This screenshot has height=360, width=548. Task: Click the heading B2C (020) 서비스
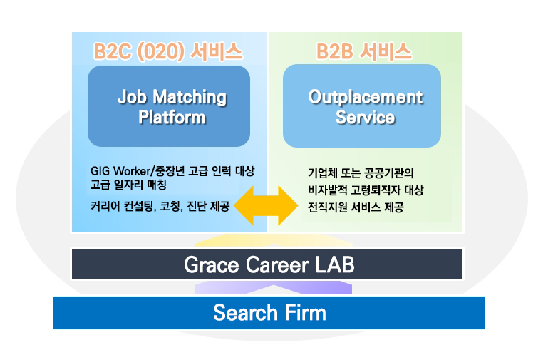click(x=167, y=52)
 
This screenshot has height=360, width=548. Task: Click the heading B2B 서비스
click(x=364, y=52)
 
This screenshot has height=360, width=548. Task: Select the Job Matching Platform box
click(x=169, y=106)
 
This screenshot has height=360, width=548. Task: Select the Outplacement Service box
click(x=362, y=106)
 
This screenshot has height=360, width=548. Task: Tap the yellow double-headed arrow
click(x=266, y=205)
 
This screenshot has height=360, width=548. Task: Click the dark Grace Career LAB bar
click(x=267, y=264)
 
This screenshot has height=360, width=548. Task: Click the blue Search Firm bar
click(x=269, y=313)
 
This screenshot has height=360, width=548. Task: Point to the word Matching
click(x=190, y=98)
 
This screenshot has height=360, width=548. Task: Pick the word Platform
click(x=172, y=117)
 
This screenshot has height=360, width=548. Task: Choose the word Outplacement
click(x=366, y=97)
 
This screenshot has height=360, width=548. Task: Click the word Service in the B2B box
click(x=366, y=118)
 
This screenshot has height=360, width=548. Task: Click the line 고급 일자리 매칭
click(x=128, y=185)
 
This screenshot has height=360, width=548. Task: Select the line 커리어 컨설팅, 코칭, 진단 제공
click(x=160, y=206)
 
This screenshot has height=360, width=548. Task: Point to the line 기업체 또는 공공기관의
click(x=361, y=173)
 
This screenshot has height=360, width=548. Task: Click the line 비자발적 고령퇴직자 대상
click(x=366, y=190)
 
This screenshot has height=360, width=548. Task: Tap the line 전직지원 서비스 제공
click(x=356, y=207)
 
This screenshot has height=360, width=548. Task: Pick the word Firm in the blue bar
click(x=305, y=312)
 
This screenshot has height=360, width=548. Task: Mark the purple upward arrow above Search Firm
click(x=274, y=287)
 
